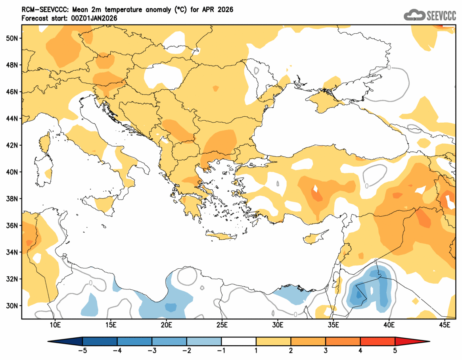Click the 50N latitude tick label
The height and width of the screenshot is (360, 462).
[x=12, y=38]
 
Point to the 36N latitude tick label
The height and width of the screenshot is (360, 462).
[x=12, y=225]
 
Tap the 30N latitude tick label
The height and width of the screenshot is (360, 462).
[x=12, y=306]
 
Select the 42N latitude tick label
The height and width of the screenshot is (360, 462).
[x=12, y=145]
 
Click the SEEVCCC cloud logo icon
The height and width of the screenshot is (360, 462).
[x=414, y=15]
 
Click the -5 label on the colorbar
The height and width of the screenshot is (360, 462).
[x=82, y=351]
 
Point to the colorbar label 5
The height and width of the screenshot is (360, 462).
[x=395, y=351]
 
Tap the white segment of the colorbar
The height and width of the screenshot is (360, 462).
[x=239, y=341]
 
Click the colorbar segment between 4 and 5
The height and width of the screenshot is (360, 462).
[x=378, y=341]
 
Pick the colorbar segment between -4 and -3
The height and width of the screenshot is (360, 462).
[x=134, y=341]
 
